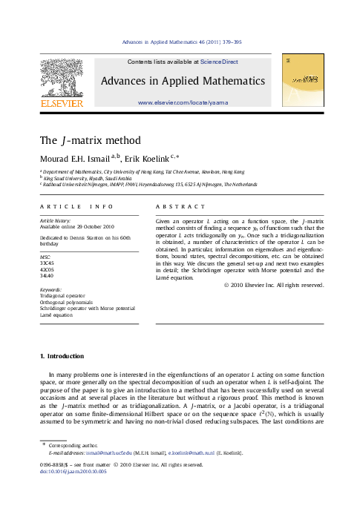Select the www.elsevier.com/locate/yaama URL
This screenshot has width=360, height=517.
[x=182, y=101]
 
